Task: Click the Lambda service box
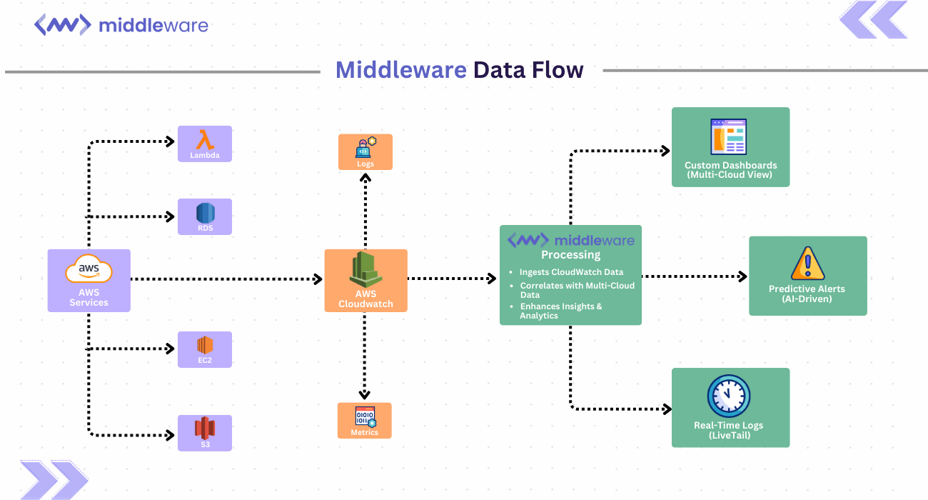(x=204, y=144)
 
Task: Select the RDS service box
(x=204, y=216)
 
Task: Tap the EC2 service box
(x=204, y=349)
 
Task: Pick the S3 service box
(x=204, y=433)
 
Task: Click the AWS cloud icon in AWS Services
(x=89, y=271)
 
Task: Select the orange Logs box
(x=365, y=151)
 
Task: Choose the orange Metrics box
(x=365, y=420)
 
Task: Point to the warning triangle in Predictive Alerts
(x=807, y=264)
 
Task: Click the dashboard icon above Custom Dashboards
(x=728, y=136)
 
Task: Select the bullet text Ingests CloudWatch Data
(x=571, y=272)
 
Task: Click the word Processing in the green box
(x=570, y=255)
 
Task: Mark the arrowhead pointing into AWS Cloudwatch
(x=319, y=279)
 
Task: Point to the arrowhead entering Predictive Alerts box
(x=743, y=276)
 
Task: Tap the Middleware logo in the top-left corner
(x=121, y=26)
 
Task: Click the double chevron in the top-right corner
(x=872, y=20)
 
